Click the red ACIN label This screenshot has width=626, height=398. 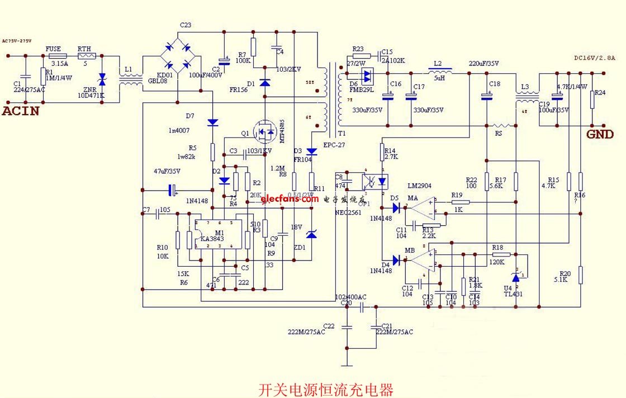[21, 110]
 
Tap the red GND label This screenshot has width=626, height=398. [600, 134]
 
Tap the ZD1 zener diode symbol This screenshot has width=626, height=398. [311, 235]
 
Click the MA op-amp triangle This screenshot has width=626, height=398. [421, 209]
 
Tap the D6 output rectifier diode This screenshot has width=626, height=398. [367, 74]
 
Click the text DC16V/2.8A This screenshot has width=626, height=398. [594, 57]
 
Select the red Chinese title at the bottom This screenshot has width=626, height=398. [326, 388]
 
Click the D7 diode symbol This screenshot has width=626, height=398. [212, 122]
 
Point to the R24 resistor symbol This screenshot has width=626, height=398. [592, 99]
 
